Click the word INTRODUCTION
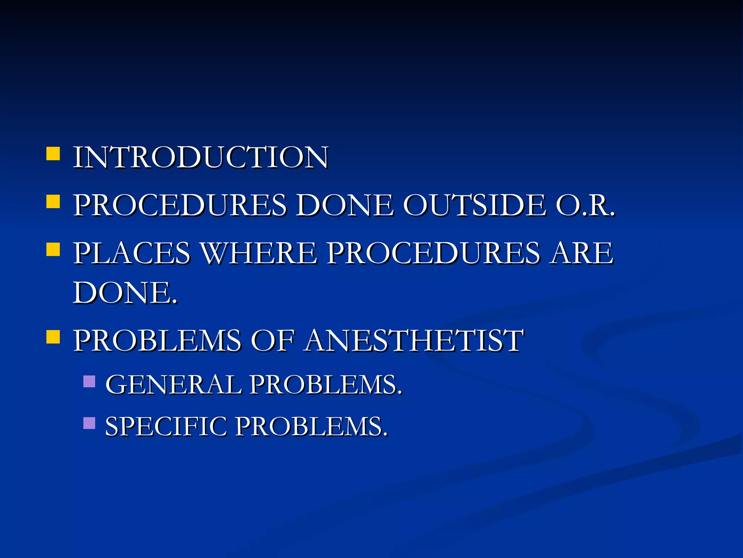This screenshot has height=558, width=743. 201,157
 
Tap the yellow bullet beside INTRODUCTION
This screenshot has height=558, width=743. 53,154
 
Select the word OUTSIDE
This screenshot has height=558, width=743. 475,205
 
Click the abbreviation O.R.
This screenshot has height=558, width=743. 585,205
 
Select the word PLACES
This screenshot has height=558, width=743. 132,253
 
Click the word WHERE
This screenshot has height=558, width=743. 259,253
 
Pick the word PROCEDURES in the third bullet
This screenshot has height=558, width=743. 434,253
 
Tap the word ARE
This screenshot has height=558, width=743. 581,253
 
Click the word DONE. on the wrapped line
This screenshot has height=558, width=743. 125,293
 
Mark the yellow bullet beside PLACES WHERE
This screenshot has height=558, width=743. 53,250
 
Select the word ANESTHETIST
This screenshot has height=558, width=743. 414,341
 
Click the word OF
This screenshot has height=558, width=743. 272,341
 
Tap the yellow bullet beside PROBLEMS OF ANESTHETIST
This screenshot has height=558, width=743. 53,337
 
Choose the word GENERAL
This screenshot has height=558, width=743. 173,385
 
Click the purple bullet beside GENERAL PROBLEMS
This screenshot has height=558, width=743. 89,381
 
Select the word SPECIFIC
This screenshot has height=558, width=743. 166,426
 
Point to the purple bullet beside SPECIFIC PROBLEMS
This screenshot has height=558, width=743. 89,423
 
